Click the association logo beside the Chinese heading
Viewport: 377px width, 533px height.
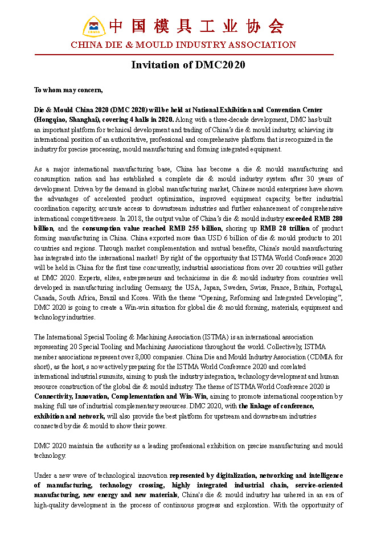(94, 26)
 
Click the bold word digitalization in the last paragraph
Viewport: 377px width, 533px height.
(228, 475)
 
